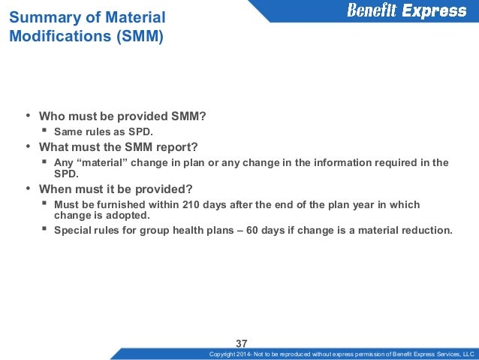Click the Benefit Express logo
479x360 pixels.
[405, 11]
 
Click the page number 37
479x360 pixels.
[242, 343]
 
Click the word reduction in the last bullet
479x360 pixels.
[426, 230]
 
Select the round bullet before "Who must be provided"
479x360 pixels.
[28, 116]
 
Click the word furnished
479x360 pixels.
[122, 204]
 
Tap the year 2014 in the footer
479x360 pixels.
[249, 354]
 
